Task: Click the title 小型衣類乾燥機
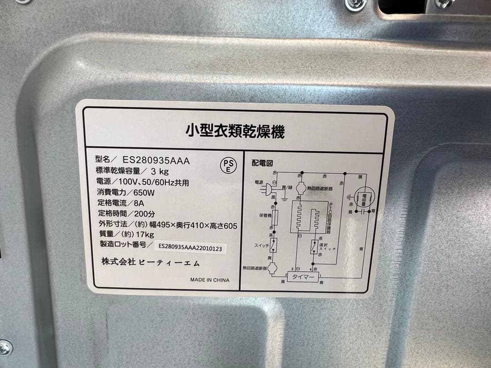tap(235, 132)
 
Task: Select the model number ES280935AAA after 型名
tap(156, 160)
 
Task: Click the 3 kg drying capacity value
tap(160, 171)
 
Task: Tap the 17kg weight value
tap(145, 234)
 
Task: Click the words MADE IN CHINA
tap(210, 280)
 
